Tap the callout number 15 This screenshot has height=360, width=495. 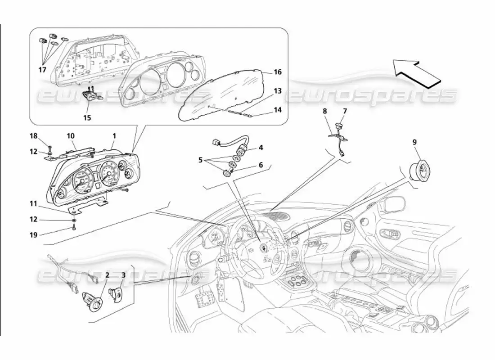[87, 117]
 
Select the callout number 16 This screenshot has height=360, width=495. [278, 72]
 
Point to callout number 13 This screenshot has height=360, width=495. [278, 91]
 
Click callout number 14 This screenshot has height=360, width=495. [278, 109]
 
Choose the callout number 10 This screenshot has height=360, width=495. [71, 135]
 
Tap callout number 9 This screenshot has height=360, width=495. [414, 142]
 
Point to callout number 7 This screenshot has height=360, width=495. [345, 111]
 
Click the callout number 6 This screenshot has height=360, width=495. [260, 165]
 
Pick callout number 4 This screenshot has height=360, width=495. [260, 147]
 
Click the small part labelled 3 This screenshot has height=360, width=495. [116, 295]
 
